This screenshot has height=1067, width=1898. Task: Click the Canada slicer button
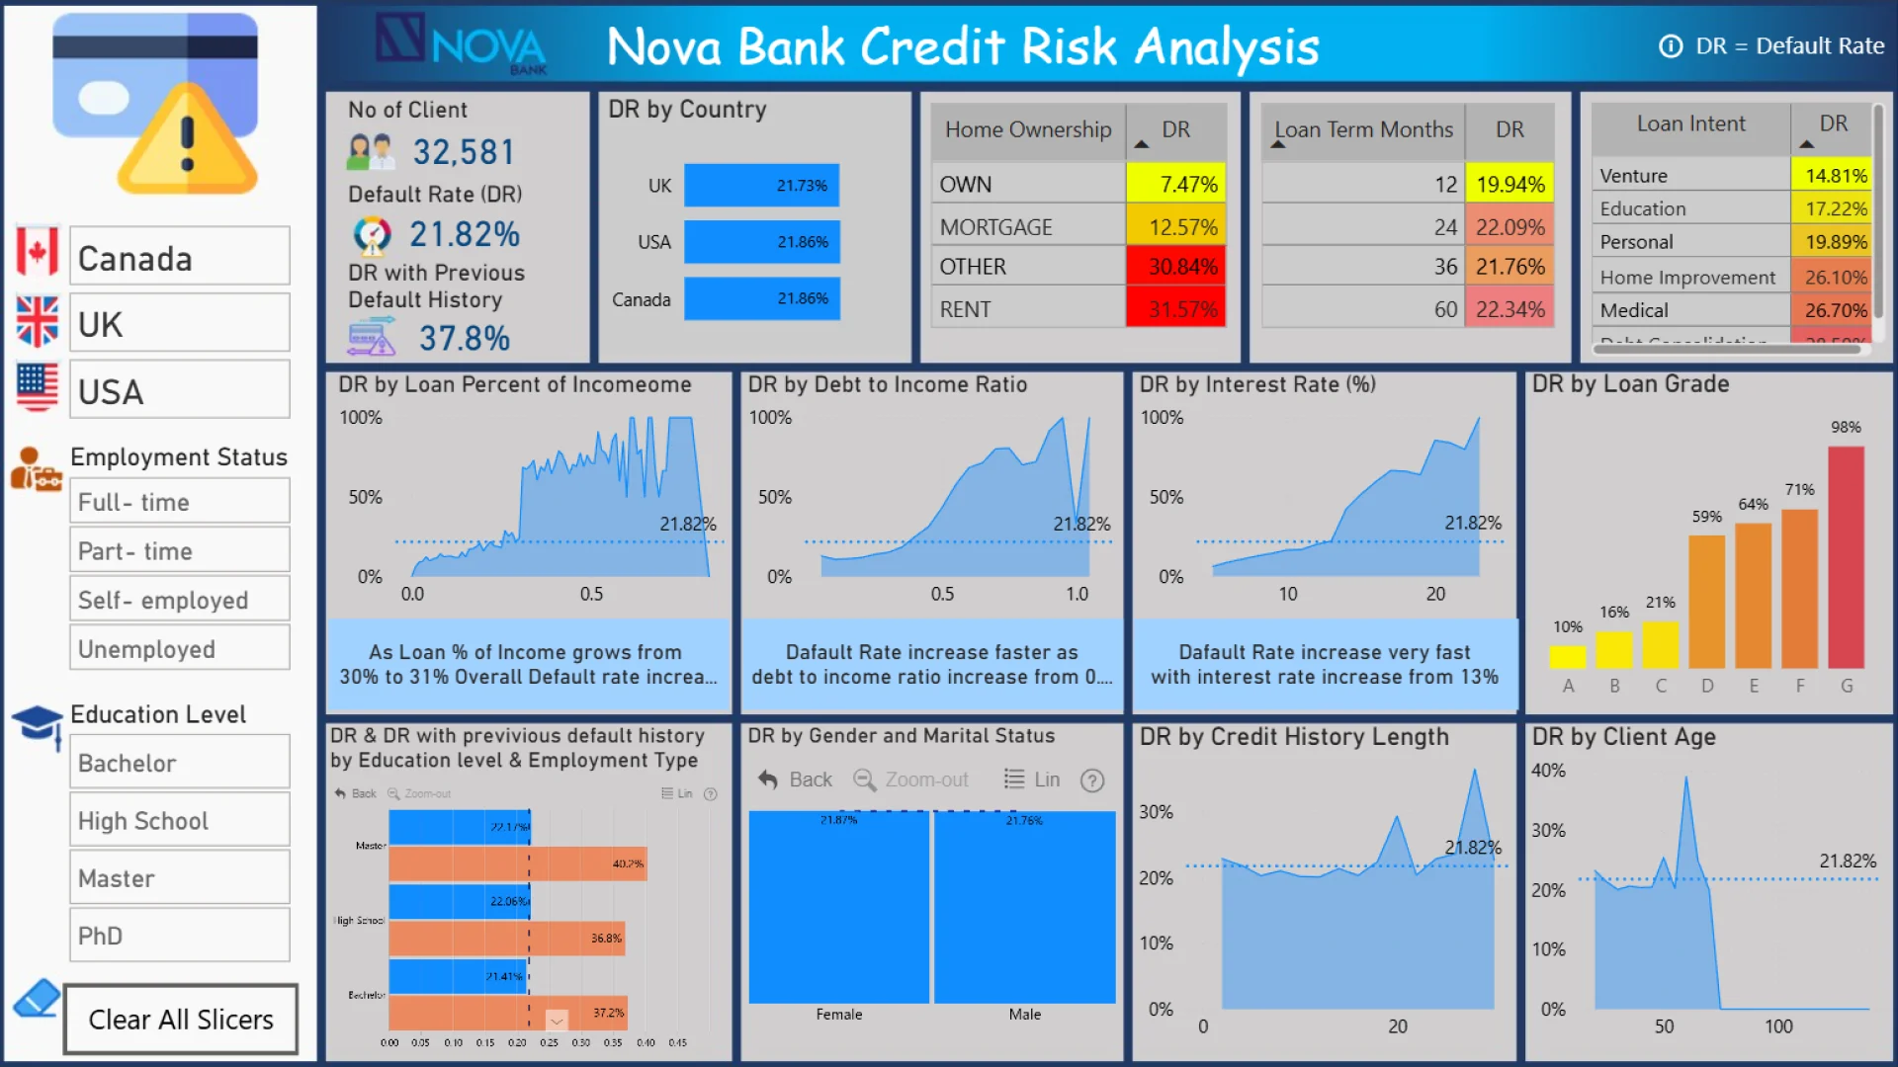click(x=179, y=258)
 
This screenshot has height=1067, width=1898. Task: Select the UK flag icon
click(x=38, y=322)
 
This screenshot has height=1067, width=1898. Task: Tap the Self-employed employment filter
click(x=179, y=600)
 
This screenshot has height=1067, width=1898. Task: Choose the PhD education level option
click(x=179, y=935)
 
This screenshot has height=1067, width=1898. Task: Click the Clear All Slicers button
click(x=181, y=1019)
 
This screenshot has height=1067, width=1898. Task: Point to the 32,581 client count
click(x=464, y=152)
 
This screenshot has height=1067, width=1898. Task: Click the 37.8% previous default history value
click(x=464, y=339)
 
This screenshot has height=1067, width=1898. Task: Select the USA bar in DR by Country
click(x=761, y=242)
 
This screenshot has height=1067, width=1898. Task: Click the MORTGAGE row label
click(x=995, y=227)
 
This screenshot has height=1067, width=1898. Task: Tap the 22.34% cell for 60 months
click(x=1510, y=309)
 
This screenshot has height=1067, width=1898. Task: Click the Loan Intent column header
click(x=1690, y=123)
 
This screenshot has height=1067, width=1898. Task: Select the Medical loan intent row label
click(x=1634, y=310)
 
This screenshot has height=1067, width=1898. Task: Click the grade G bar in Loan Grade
click(x=1846, y=557)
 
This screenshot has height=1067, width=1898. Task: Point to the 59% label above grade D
click(x=1706, y=517)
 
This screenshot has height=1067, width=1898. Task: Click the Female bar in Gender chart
click(x=838, y=907)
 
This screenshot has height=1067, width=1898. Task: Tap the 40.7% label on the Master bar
click(x=628, y=863)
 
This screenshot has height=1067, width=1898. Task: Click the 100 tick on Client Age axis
click(x=1778, y=1026)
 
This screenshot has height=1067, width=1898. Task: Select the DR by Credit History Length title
click(x=1294, y=737)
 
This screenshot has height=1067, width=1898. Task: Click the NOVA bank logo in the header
click(x=462, y=43)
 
